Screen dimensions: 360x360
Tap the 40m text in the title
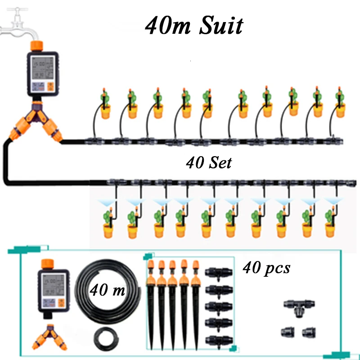(x=168, y=26)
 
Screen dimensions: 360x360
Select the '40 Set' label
(x=209, y=163)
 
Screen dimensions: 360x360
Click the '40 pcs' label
(x=266, y=268)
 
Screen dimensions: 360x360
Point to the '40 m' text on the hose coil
(x=108, y=290)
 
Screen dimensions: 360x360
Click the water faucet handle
(x=18, y=9)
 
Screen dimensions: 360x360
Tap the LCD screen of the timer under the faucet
(x=42, y=68)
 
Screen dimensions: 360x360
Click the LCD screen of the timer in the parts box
(x=53, y=285)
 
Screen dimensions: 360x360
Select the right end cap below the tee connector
(x=309, y=332)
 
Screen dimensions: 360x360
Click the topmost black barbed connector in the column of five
(x=219, y=273)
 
